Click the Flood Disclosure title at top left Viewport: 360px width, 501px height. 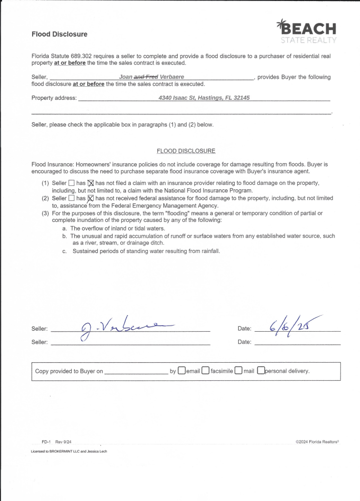coord(59,34)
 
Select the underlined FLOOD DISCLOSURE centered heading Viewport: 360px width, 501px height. coord(186,150)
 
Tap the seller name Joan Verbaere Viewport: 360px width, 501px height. coord(151,77)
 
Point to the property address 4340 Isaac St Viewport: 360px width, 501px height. coord(204,98)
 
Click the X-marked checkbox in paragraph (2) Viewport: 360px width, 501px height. coord(91,198)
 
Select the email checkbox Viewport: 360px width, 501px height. coord(182,371)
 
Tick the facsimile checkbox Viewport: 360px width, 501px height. coord(206,371)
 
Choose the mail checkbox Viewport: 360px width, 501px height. coord(239,371)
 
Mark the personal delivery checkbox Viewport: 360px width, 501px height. coord(261,371)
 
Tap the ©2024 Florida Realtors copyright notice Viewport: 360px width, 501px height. coord(318,441)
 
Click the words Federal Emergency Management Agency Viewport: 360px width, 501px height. coord(163,205)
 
